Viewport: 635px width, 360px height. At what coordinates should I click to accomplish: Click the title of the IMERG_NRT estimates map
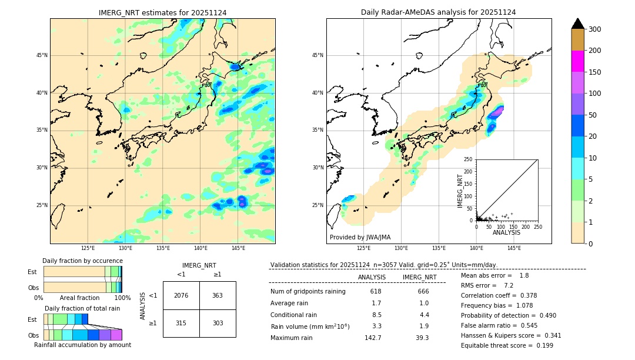tap(162, 12)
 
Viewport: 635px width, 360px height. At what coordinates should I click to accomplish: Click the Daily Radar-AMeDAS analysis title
tap(438, 12)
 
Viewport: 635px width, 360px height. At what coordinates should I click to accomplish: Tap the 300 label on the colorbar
tap(594, 29)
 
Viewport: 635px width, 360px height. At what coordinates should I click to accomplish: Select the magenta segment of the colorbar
tap(578, 61)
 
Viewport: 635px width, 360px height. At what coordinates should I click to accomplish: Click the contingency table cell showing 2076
tap(181, 295)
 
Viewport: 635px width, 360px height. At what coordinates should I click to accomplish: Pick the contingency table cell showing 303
tap(218, 323)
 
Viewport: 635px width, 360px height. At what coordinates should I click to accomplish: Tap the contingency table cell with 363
tap(218, 295)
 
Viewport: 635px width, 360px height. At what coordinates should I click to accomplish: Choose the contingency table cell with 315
tap(181, 323)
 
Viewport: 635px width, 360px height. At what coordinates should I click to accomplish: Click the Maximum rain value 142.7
tap(373, 338)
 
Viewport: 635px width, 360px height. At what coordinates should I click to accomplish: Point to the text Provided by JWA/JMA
tap(360, 237)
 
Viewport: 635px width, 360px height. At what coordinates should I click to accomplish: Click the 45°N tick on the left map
tap(41, 55)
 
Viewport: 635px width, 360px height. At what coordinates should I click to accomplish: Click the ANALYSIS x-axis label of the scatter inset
tap(506, 232)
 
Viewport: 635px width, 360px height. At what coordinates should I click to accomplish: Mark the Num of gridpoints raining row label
tap(308, 292)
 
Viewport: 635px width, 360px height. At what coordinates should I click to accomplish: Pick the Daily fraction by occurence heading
tap(81, 261)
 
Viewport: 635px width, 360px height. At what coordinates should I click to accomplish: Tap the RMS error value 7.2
tap(509, 286)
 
